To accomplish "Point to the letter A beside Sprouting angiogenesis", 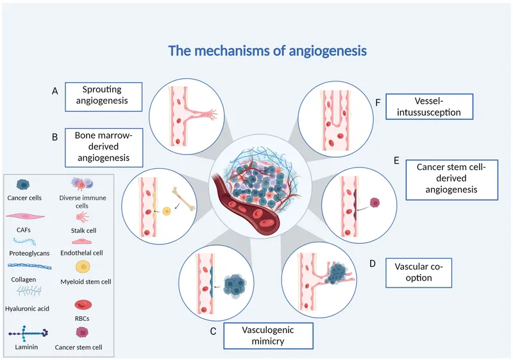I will pos(55,92).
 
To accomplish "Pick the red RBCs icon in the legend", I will pos(81,304).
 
